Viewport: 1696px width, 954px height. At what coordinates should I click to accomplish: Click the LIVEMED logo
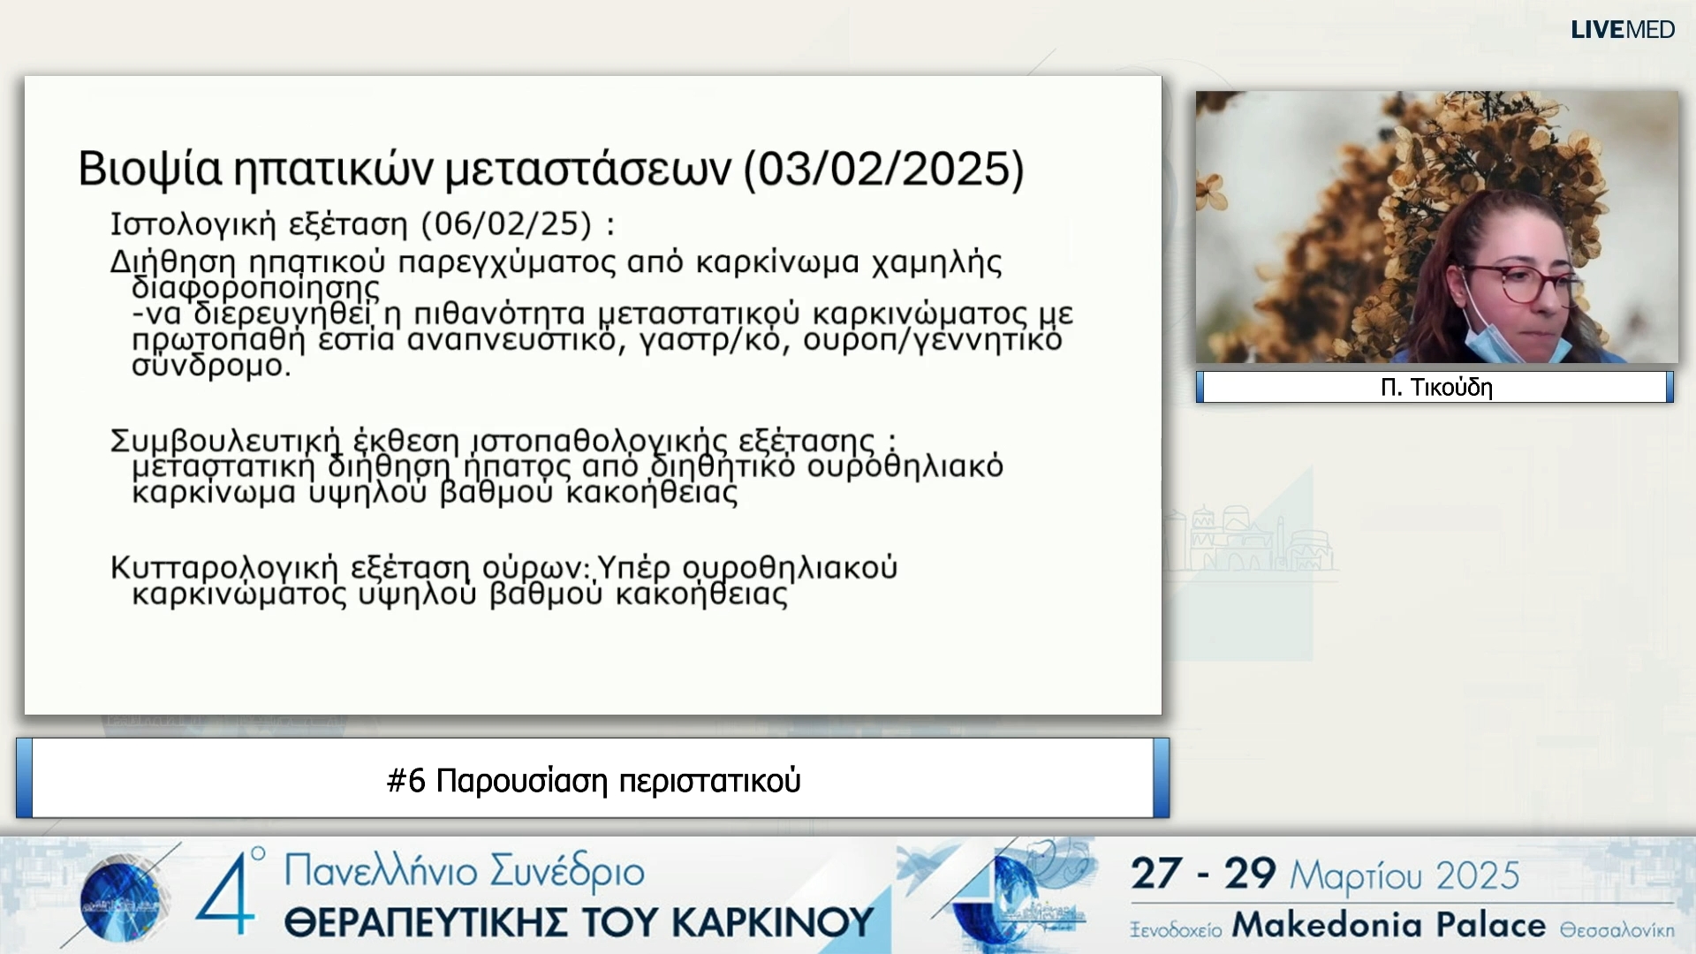[1622, 30]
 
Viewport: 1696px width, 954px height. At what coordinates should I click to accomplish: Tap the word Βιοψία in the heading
[149, 169]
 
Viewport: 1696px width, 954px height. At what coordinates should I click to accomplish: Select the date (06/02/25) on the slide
[506, 224]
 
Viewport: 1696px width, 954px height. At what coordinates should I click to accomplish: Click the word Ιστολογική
[193, 225]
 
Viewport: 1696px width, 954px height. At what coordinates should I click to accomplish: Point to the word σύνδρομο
[210, 366]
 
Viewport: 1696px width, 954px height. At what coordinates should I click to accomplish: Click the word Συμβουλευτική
[224, 440]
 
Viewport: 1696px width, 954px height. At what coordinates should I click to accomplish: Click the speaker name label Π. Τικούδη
[1435, 388]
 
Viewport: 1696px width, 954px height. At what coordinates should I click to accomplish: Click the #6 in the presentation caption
[405, 781]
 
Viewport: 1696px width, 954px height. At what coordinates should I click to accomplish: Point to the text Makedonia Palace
[1388, 925]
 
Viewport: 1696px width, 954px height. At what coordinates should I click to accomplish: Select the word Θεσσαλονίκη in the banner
[1616, 930]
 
